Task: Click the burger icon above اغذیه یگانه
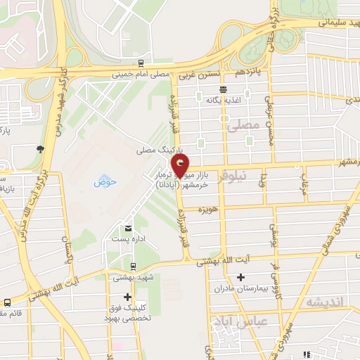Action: click(223, 89)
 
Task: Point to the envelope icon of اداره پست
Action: click(128, 228)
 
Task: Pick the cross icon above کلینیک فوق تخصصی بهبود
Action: click(127, 296)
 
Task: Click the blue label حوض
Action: click(105, 182)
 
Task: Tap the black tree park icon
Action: click(40, 148)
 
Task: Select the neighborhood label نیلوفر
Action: click(233, 178)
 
